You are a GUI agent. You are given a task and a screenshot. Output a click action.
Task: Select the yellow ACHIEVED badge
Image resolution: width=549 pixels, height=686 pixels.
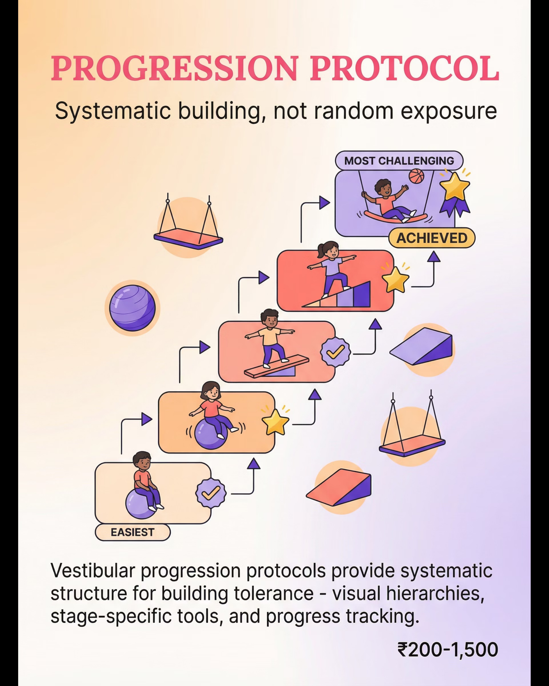pyautogui.click(x=432, y=238)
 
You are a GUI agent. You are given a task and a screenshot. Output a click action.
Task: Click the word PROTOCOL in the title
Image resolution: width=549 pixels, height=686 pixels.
pyautogui.click(x=404, y=68)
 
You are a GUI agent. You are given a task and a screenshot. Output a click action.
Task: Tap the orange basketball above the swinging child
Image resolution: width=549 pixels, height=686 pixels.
pyautogui.click(x=417, y=176)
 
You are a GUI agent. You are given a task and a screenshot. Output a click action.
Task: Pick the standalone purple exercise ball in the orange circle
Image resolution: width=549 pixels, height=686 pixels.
pyautogui.click(x=132, y=308)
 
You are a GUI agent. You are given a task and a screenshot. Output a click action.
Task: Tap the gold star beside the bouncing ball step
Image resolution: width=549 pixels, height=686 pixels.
pyautogui.click(x=275, y=422)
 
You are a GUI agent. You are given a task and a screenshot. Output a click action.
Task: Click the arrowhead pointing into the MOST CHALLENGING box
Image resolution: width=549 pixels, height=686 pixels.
pyautogui.click(x=324, y=203)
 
